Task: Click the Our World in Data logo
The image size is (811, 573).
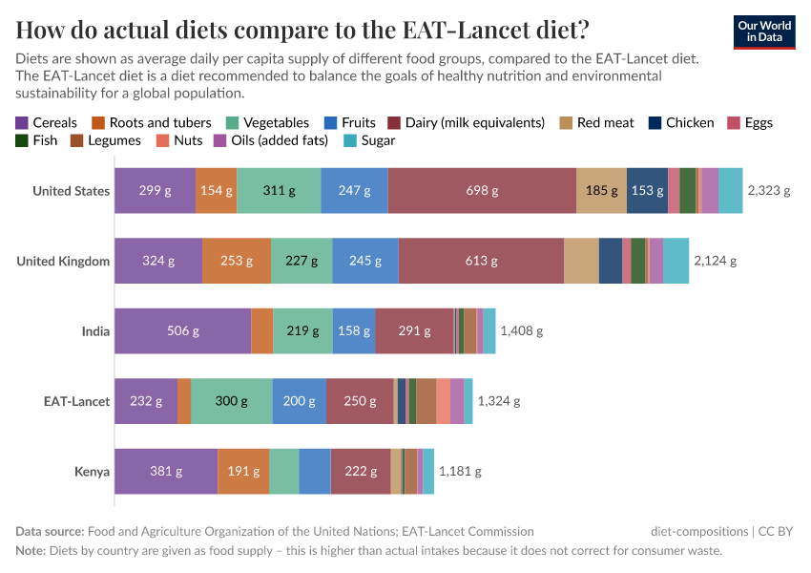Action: (x=764, y=32)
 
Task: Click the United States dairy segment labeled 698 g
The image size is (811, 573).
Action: (x=482, y=190)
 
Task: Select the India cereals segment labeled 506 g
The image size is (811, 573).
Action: (x=182, y=331)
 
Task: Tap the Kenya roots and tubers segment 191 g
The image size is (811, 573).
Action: (x=243, y=471)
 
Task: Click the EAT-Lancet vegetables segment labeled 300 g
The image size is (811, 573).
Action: (x=231, y=401)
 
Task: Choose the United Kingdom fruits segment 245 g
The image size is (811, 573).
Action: (x=365, y=261)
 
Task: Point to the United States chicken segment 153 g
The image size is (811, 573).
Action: (x=647, y=190)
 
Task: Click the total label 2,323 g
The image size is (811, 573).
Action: (x=769, y=190)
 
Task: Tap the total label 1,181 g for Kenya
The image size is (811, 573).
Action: (x=460, y=471)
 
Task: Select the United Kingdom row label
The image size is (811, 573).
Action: (x=63, y=261)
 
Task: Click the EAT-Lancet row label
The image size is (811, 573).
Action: (x=77, y=401)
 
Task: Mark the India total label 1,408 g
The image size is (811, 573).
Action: (x=521, y=331)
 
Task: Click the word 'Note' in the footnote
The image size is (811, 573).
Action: (x=31, y=551)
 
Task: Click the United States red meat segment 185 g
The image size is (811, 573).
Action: (x=601, y=190)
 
